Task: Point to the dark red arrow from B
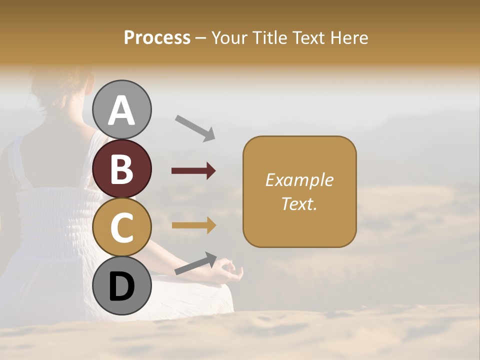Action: point(193,171)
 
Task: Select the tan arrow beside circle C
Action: point(193,225)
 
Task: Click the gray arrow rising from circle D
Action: point(195,263)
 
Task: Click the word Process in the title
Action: point(157,38)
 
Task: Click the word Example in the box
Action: point(299,180)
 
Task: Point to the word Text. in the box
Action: point(299,203)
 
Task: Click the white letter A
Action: point(122,110)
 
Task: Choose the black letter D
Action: point(122,286)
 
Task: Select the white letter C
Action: point(122,227)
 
